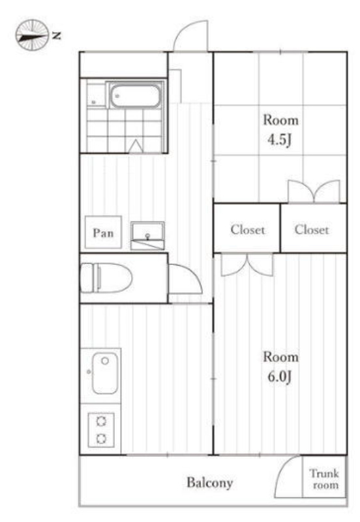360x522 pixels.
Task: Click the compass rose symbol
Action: [x=32, y=35]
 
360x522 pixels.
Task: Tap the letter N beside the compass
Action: [x=57, y=35]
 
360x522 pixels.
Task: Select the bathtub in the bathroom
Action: [x=135, y=96]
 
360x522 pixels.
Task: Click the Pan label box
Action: [x=103, y=232]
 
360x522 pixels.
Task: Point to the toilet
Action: [x=106, y=278]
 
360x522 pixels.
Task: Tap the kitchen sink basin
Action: [x=105, y=373]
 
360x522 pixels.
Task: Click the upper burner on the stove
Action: [x=101, y=421]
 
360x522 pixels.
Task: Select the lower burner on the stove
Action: [x=101, y=438]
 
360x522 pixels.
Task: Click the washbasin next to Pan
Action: [x=147, y=236]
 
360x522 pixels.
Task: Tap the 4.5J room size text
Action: [x=280, y=140]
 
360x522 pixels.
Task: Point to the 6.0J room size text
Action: [x=280, y=376]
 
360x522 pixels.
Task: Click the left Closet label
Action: [x=248, y=230]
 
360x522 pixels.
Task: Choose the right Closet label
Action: [x=312, y=230]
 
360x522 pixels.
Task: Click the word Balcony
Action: [x=209, y=483]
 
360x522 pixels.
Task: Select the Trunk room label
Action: [x=324, y=479]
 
